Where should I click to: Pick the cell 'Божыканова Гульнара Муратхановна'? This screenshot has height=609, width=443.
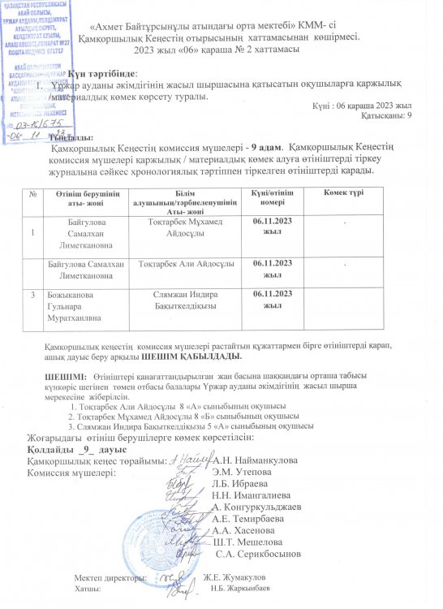tap(75, 304)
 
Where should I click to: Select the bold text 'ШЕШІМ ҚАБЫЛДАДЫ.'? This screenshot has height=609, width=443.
tap(190, 356)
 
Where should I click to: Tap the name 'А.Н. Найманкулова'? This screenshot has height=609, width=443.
tap(254, 460)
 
